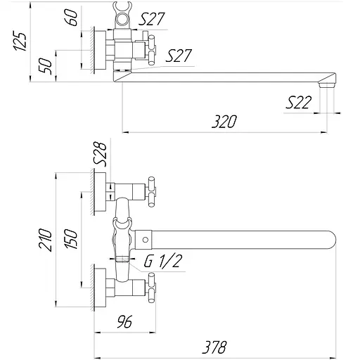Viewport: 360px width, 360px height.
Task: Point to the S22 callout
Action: click(298, 103)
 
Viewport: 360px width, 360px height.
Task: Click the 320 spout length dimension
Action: click(224, 121)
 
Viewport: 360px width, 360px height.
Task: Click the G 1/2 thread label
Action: click(163, 262)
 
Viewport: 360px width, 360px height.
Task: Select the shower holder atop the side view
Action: click(124, 15)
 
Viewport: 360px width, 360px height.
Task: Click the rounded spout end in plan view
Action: click(330, 240)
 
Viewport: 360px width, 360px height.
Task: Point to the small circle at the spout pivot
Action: click(142, 240)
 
